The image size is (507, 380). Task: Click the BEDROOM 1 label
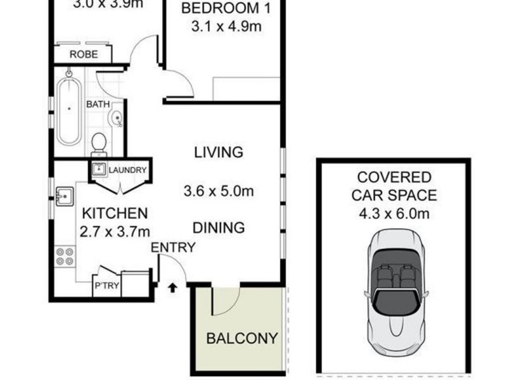click(x=221, y=9)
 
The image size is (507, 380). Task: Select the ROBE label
click(x=84, y=54)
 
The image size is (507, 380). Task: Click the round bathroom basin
click(x=116, y=118)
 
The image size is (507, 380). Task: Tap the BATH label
click(x=98, y=104)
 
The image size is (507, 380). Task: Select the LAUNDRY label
click(x=127, y=170)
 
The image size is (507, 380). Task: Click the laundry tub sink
click(x=99, y=170)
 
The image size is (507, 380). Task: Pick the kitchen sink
click(x=65, y=197)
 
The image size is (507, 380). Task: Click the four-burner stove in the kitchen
click(x=65, y=256)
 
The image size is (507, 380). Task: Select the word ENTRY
click(x=172, y=248)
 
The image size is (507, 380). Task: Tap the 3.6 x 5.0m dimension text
click(x=218, y=190)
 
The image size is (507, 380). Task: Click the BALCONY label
click(x=242, y=338)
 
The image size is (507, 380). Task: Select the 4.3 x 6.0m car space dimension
click(x=394, y=213)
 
